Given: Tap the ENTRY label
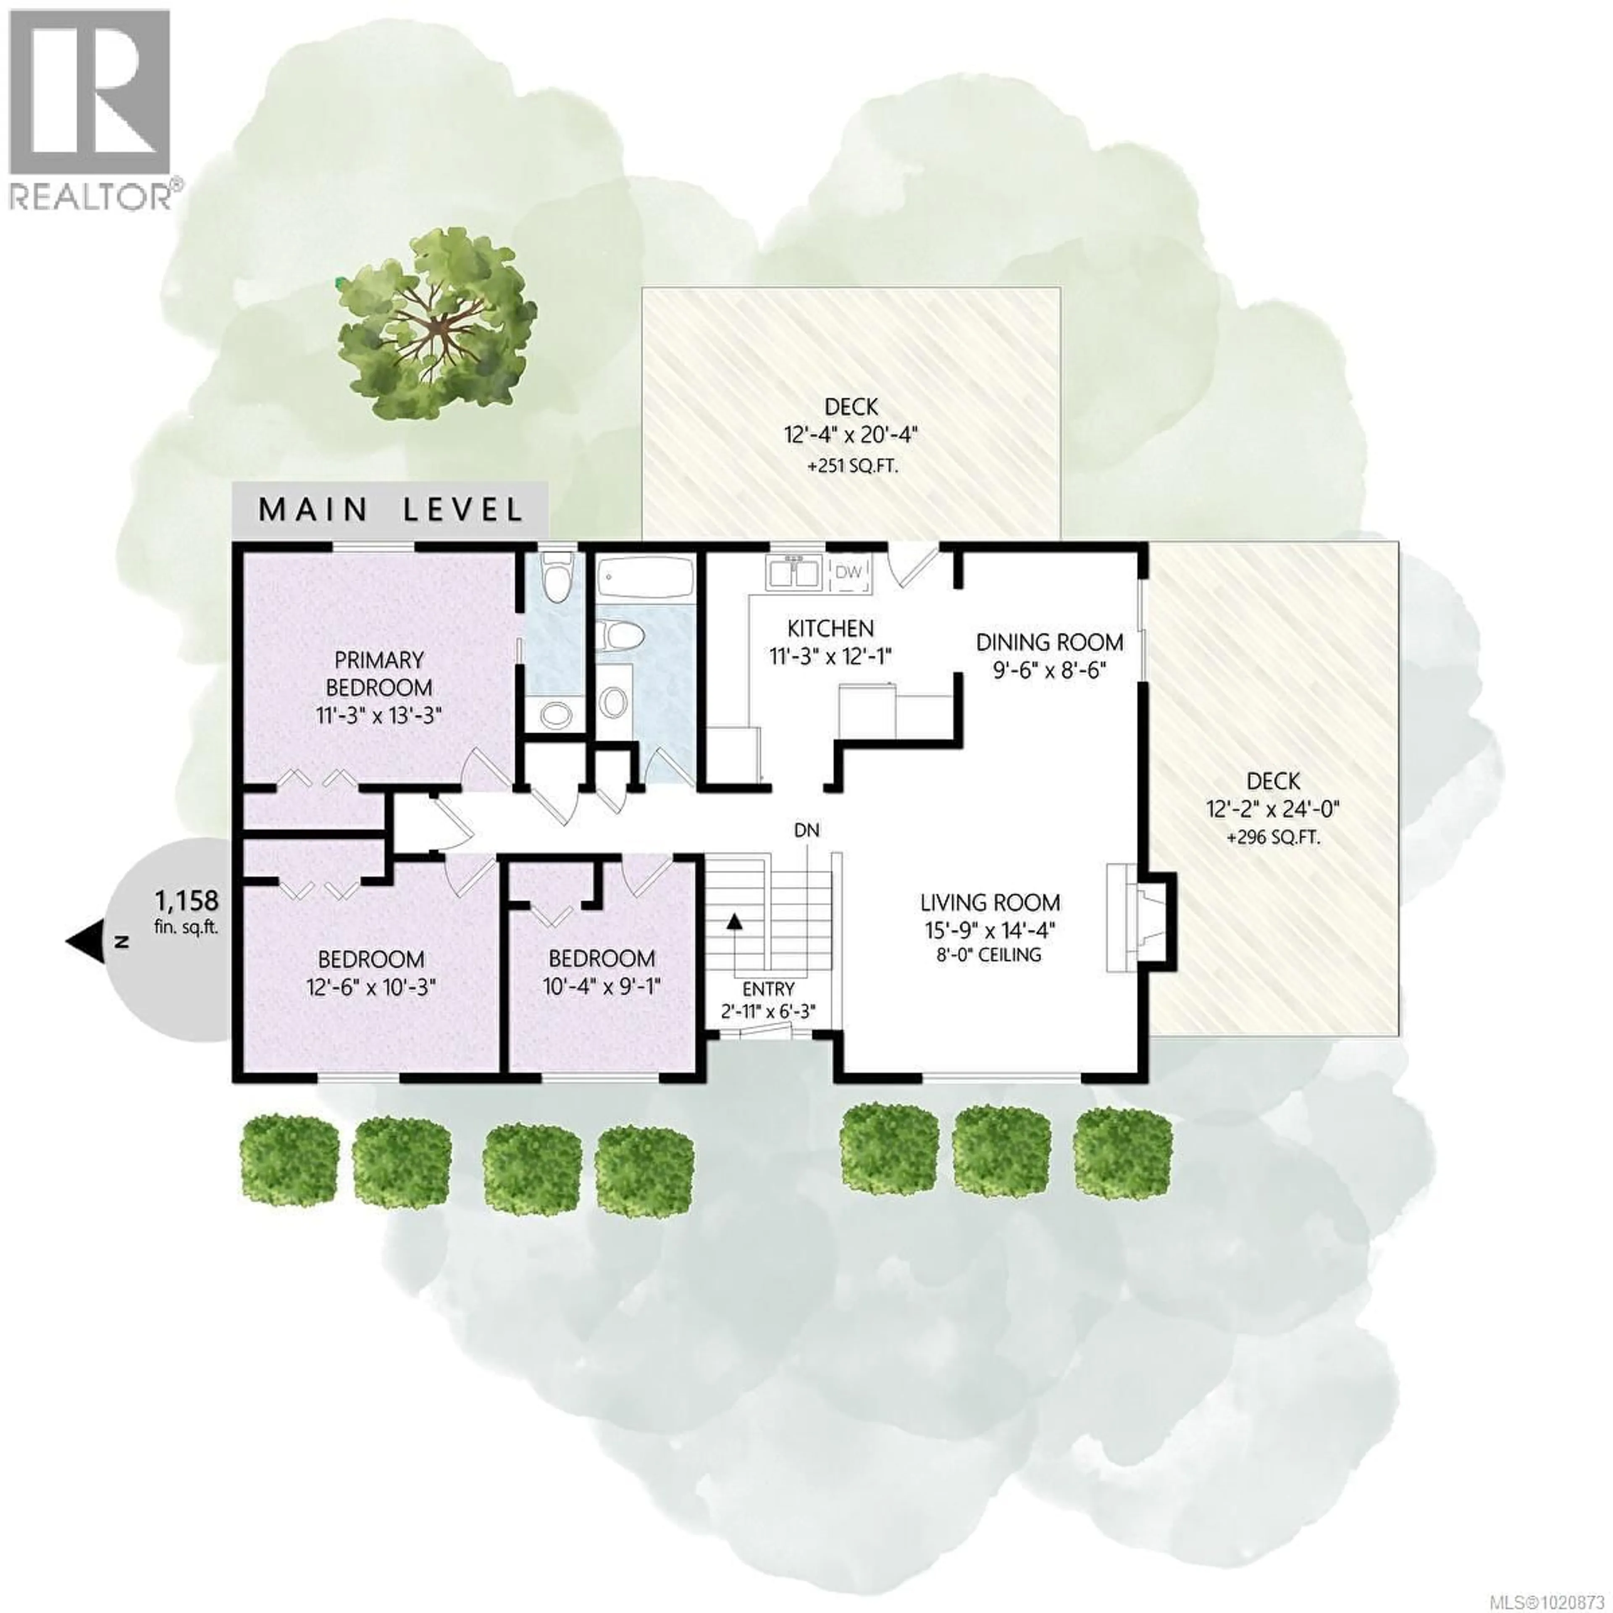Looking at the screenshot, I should coord(768,989).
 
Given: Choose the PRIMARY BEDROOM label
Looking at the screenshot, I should coord(379,674).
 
